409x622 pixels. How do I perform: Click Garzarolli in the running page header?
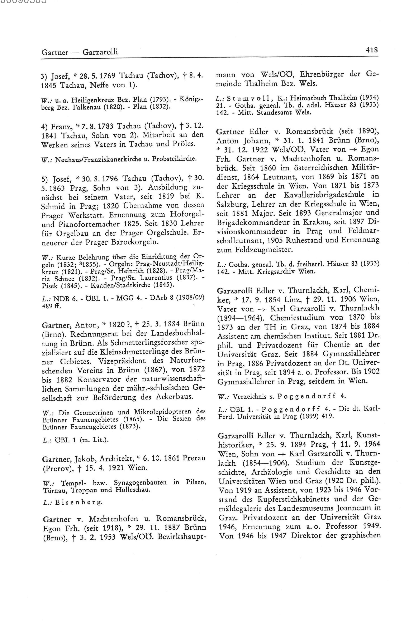[100, 52]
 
